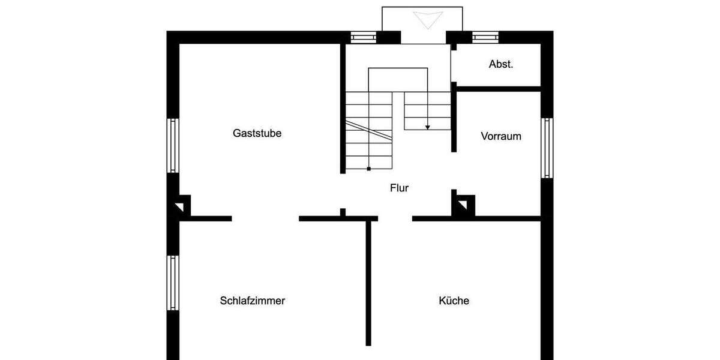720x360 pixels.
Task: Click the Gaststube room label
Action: click(x=257, y=133)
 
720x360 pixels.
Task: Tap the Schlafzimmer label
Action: click(x=252, y=301)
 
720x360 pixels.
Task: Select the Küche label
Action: click(x=454, y=301)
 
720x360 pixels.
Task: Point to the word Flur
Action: click(x=399, y=188)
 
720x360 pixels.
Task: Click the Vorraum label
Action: click(x=501, y=136)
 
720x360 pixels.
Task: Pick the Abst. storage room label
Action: click(x=501, y=64)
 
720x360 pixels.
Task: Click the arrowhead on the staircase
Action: click(x=428, y=127)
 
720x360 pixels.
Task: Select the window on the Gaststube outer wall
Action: click(x=173, y=145)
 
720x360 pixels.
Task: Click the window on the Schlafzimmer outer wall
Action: click(x=173, y=282)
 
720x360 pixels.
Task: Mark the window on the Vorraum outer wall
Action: click(x=547, y=148)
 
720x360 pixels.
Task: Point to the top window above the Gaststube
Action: click(x=363, y=37)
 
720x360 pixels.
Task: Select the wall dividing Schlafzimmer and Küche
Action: click(x=368, y=282)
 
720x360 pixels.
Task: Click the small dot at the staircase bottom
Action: click(x=368, y=169)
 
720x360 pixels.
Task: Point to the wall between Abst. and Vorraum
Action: click(x=498, y=89)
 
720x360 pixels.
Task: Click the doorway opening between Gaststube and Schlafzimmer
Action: click(x=265, y=218)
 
